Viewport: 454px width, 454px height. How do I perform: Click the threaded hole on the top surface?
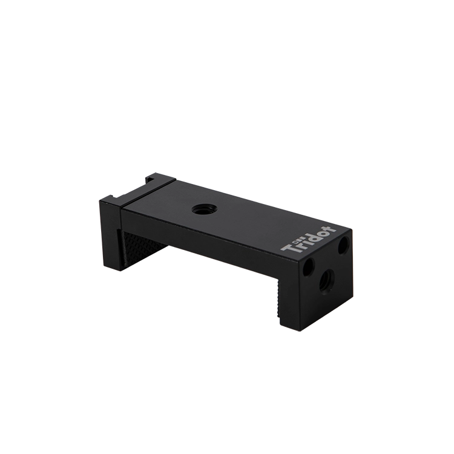(200, 208)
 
